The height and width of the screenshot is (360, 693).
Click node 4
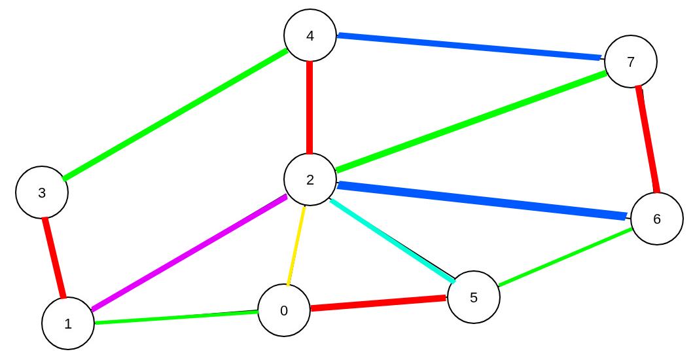point(310,35)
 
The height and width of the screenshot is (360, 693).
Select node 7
point(631,62)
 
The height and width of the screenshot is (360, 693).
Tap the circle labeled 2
point(310,179)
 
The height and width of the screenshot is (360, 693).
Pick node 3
point(42,192)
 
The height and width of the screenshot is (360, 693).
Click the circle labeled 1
point(68,323)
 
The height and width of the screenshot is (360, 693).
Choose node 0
point(284,310)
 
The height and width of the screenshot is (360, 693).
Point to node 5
point(474,297)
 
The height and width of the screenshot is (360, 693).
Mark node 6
point(657,219)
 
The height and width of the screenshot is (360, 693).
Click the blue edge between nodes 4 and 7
point(469,47)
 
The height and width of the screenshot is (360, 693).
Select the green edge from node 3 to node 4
point(175,114)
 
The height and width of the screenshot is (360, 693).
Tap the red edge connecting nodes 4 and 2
point(310,107)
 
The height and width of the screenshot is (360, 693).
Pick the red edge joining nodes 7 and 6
point(647,140)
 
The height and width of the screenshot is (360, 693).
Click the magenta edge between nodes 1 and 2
point(188,253)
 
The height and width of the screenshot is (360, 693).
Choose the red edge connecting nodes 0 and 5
point(378,303)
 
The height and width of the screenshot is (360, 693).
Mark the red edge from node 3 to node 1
point(54,258)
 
